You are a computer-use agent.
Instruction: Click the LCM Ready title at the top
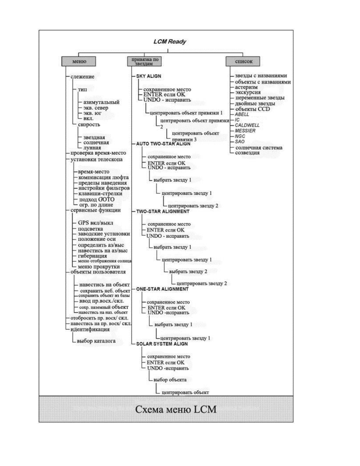[170, 42]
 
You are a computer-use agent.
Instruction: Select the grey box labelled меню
[79, 61]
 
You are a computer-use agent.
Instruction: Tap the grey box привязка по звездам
[144, 61]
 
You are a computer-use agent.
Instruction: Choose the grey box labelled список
[244, 61]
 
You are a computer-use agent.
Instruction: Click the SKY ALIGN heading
[149, 76]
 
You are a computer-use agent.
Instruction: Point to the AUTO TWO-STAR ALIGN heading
[163, 144]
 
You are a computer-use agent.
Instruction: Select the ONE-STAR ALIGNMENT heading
[162, 289]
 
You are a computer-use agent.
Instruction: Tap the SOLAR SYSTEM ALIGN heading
[162, 344]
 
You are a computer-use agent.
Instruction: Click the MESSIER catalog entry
[245, 131]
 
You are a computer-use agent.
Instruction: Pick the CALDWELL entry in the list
[247, 125]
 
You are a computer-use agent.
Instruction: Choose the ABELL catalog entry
[242, 114]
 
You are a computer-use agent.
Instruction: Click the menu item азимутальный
[101, 102]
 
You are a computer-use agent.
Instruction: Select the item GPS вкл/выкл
[95, 223]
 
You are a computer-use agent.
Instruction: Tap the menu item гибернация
[92, 256]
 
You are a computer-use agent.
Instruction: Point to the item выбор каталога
[96, 341]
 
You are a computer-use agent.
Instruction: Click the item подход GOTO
[96, 199]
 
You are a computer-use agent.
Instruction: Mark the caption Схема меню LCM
[176, 409]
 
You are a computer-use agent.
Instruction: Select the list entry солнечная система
[259, 148]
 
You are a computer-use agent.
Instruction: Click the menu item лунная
[92, 148]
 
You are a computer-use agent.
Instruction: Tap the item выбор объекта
[170, 380]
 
